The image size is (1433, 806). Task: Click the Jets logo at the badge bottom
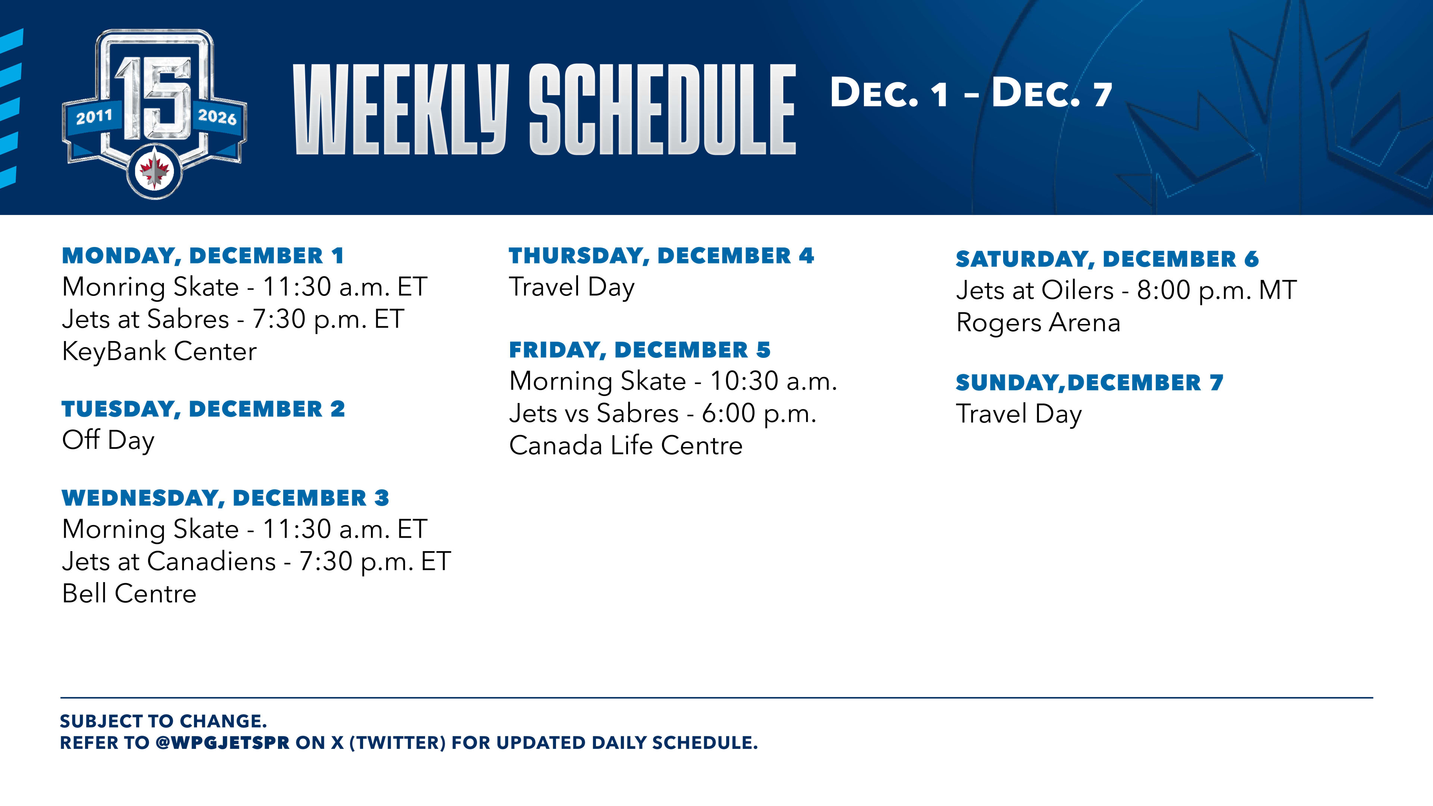coord(154,171)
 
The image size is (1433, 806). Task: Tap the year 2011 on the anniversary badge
coord(94,117)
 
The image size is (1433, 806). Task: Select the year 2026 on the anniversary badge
coord(217,117)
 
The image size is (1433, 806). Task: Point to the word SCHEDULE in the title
coord(662,109)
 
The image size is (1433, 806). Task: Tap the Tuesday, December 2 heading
coord(203,409)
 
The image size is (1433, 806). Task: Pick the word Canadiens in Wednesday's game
coord(211,561)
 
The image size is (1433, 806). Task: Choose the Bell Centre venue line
coord(129,594)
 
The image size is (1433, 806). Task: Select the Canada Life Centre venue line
coord(626,446)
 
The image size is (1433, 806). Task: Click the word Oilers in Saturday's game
coord(1077,290)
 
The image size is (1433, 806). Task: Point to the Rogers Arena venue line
coord(1038,323)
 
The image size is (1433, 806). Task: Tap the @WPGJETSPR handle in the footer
coord(222,743)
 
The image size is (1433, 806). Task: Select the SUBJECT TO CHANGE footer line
coord(163,721)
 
